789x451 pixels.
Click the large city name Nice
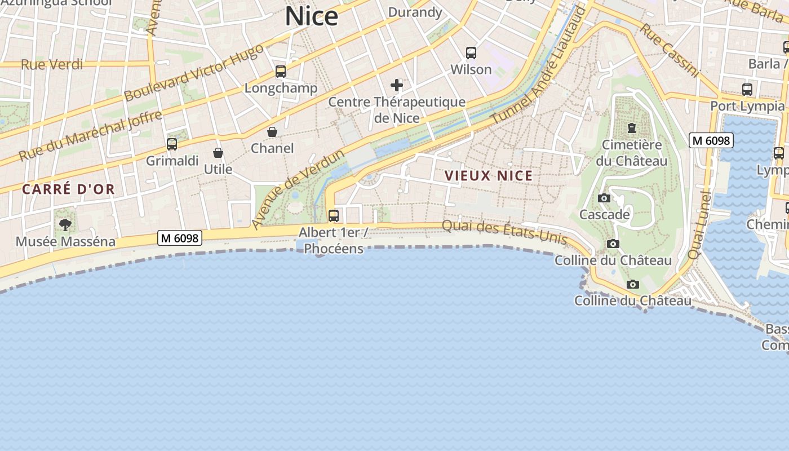tap(311, 16)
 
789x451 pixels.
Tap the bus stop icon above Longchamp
tap(281, 72)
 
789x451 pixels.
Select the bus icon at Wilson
tap(471, 53)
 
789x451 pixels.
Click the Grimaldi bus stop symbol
tap(172, 144)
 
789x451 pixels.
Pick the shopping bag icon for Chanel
tap(272, 132)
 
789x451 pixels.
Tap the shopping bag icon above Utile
tap(218, 153)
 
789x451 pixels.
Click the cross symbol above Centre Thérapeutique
tap(397, 85)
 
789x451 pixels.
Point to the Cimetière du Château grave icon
tap(631, 128)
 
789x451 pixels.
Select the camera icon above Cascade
tap(604, 198)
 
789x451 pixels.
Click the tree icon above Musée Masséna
tap(65, 225)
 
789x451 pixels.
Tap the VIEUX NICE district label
tap(489, 176)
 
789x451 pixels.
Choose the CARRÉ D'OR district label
tap(68, 189)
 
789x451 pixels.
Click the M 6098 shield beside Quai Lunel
tap(711, 140)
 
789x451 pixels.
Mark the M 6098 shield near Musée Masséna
tap(180, 238)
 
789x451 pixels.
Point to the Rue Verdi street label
tap(52, 64)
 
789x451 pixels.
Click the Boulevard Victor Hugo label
tap(193, 72)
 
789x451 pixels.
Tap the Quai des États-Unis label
tap(504, 231)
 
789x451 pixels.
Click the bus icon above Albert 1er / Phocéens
tap(334, 216)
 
